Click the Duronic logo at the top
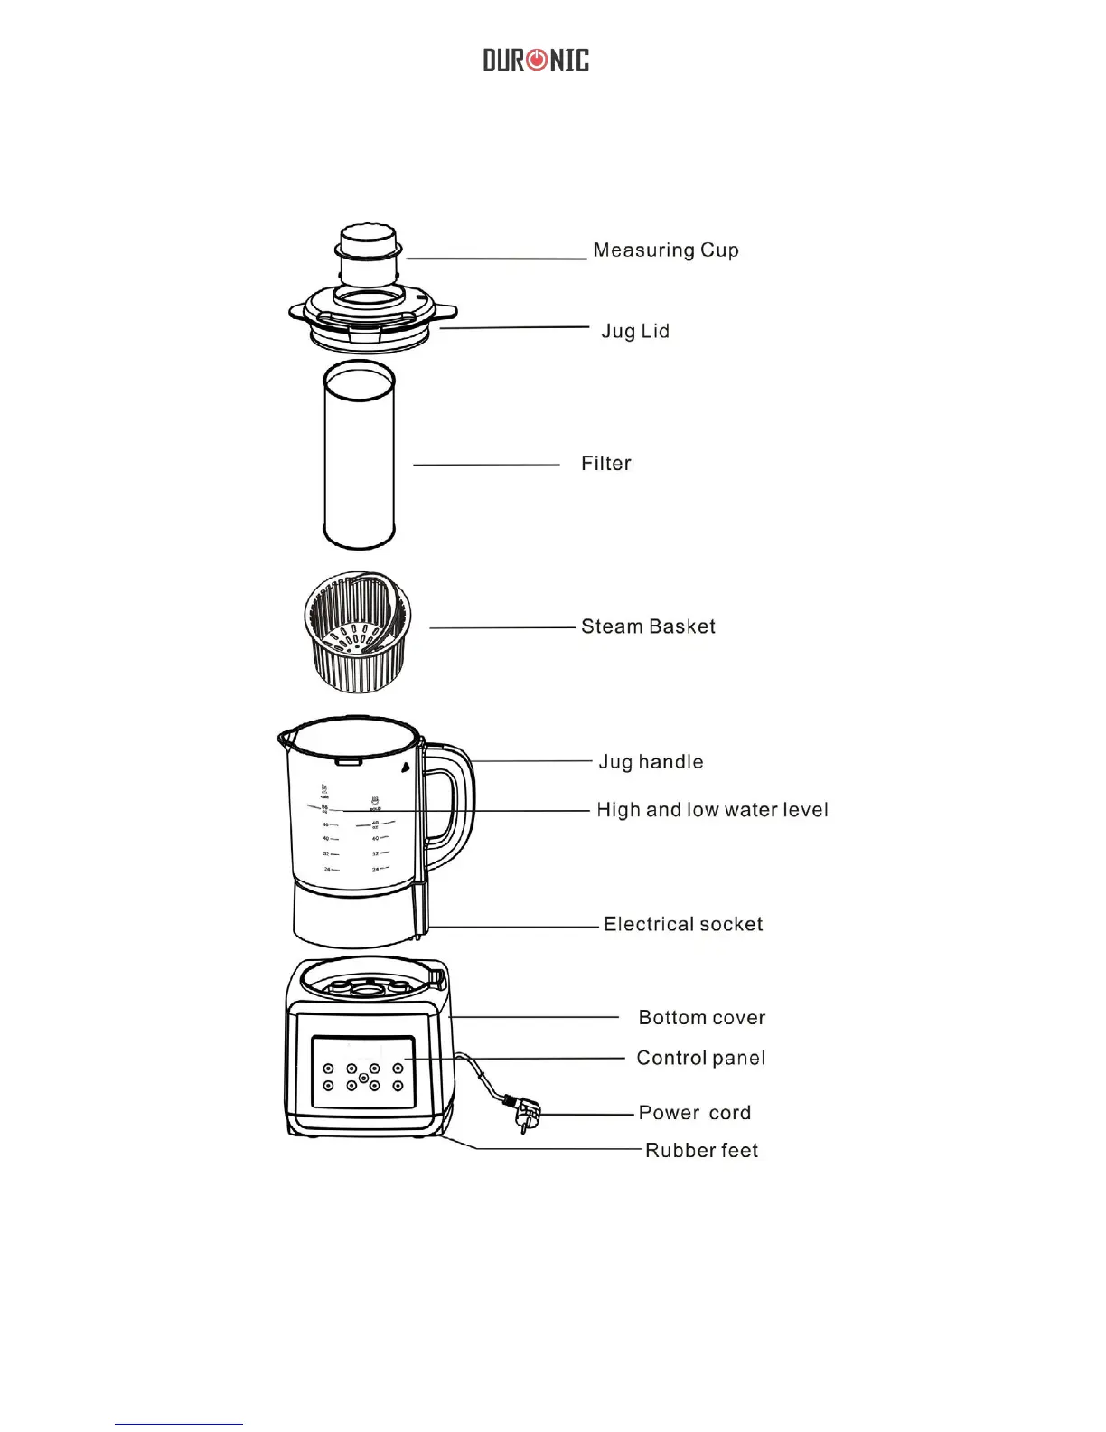[x=536, y=61]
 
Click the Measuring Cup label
[x=665, y=250]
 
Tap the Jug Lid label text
[x=635, y=332]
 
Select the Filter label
[x=605, y=464]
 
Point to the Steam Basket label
[x=648, y=626]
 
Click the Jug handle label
[x=651, y=762]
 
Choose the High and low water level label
[x=712, y=810]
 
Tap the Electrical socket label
[x=683, y=924]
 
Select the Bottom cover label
[x=701, y=1018]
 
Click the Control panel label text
[x=700, y=1058]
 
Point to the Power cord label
[x=694, y=1113]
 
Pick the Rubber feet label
[x=701, y=1151]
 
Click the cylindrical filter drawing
[x=359, y=455]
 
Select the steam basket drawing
[x=358, y=632]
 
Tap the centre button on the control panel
[x=363, y=1078]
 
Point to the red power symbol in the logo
[x=537, y=61]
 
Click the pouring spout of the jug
[x=286, y=737]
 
